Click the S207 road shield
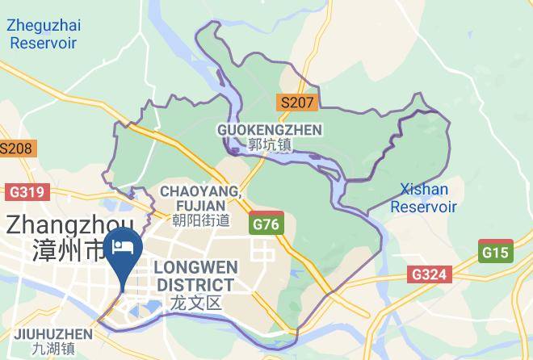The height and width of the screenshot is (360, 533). point(296,103)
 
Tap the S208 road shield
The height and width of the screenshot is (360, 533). point(15,149)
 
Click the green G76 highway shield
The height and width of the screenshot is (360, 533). point(266,224)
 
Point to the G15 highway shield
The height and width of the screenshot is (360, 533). point(495,252)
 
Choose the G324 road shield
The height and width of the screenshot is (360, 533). point(428,274)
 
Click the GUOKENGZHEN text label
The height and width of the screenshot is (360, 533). point(269,130)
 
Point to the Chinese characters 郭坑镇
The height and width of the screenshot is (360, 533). point(269,145)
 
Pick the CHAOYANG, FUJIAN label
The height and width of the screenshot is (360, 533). point(200,198)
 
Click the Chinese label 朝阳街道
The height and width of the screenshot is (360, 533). point(195,220)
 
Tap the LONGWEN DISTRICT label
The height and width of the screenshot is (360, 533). point(195,276)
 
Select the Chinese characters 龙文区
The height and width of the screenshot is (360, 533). point(195,303)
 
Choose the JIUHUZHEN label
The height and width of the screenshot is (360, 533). point(52,333)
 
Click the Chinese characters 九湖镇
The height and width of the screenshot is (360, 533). point(52,350)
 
